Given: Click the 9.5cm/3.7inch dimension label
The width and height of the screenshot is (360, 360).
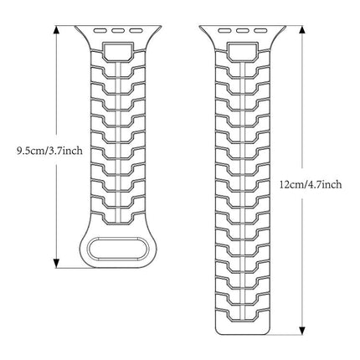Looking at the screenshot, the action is [x=49, y=151].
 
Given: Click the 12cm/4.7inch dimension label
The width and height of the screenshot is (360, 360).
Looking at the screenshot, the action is [x=311, y=184].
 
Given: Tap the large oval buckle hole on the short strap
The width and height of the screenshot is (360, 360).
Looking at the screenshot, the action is [x=118, y=249].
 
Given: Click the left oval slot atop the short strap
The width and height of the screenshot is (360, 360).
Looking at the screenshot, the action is [x=100, y=30].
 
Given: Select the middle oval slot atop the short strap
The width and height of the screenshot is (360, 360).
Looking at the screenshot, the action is [x=118, y=30].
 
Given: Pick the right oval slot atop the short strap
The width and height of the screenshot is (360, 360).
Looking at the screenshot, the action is [x=136, y=30].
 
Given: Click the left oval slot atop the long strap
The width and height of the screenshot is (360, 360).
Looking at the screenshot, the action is [x=224, y=30].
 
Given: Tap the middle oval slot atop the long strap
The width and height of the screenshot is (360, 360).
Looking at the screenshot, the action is [x=242, y=30].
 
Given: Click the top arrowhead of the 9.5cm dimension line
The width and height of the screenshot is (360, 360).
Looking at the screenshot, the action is [x=57, y=30].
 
